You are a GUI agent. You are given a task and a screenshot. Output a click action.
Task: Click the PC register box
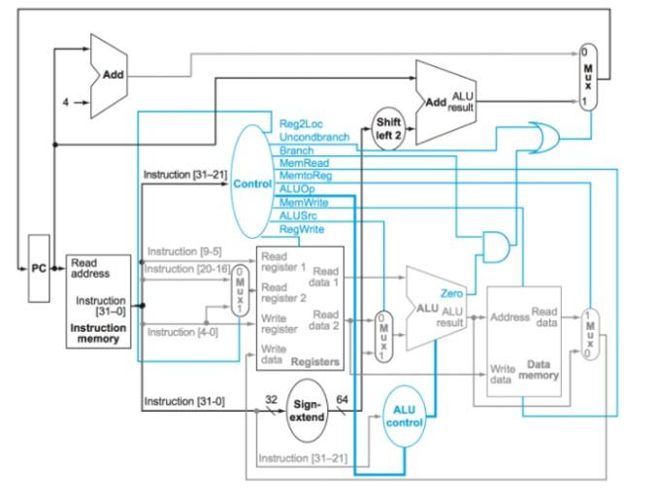point(39,268)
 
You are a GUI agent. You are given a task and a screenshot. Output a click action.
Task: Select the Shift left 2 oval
point(388,129)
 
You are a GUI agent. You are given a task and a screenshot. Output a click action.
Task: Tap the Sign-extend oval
point(308,411)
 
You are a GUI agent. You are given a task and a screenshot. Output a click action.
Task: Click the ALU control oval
point(405,416)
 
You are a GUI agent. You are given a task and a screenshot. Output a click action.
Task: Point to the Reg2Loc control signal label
point(301,124)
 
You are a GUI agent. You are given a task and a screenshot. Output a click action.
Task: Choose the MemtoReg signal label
point(306,176)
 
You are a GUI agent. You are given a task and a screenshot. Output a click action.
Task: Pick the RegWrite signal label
point(302,229)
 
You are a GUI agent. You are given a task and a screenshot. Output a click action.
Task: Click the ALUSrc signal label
point(298,216)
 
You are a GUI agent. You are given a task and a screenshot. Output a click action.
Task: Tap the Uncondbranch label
point(314,137)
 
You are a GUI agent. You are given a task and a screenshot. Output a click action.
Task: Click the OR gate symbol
point(543,138)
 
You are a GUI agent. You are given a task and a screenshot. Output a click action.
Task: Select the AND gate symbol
point(497,247)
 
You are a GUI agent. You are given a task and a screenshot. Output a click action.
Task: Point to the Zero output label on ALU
point(451,293)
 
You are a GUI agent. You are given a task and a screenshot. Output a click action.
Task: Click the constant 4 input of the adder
point(65,102)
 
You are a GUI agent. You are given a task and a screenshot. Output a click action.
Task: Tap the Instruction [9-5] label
point(184,251)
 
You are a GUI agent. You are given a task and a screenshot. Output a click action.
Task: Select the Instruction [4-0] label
point(182,332)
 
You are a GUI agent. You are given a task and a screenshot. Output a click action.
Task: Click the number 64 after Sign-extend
point(342,400)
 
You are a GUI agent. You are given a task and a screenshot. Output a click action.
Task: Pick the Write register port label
point(280,324)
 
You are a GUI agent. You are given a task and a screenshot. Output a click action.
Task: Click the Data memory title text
point(539,370)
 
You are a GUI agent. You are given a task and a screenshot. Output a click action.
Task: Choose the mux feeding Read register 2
point(240,290)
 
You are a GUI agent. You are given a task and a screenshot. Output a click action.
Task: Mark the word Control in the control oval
point(252,183)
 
